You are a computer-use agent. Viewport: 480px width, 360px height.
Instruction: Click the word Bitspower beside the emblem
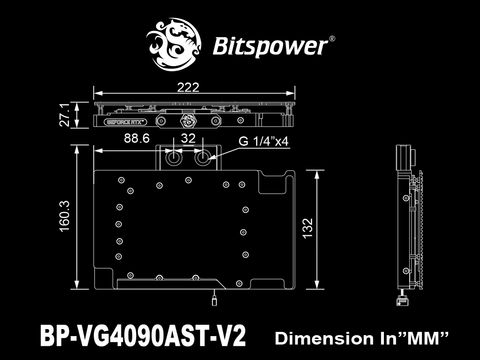click(x=270, y=46)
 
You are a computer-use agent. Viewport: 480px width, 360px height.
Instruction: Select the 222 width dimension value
click(x=188, y=88)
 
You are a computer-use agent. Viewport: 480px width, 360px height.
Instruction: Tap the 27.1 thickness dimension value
click(x=65, y=114)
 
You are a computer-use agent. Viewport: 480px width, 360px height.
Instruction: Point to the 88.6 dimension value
click(x=137, y=138)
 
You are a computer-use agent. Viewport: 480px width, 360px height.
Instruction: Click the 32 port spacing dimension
click(x=188, y=138)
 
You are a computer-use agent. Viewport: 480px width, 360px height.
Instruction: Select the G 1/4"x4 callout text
click(x=263, y=142)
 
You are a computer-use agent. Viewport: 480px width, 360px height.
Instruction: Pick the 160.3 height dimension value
click(x=65, y=216)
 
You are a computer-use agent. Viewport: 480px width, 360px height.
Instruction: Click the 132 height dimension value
click(x=307, y=228)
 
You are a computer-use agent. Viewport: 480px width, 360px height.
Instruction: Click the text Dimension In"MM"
click(x=361, y=338)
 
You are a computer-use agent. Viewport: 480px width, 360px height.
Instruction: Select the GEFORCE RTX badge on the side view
click(x=126, y=122)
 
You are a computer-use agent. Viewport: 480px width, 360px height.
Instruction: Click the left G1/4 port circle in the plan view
click(x=173, y=158)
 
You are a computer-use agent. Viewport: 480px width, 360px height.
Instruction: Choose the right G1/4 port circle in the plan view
click(x=202, y=158)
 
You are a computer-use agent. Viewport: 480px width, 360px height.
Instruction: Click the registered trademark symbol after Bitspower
click(x=332, y=39)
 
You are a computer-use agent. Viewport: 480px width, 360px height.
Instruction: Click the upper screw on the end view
click(x=406, y=198)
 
